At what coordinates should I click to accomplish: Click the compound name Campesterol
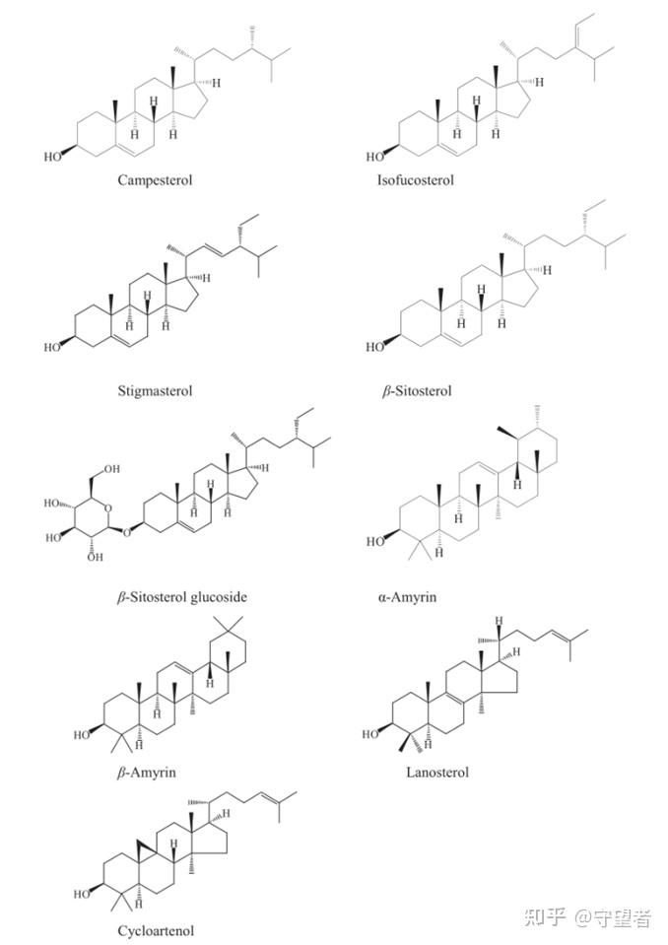tap(155, 180)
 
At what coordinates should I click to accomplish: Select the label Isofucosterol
tap(415, 180)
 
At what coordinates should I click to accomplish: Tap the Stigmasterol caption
tap(155, 390)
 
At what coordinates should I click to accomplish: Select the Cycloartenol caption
tap(156, 930)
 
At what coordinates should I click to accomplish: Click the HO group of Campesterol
tap(53, 156)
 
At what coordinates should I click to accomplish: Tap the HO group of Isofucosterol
tap(374, 156)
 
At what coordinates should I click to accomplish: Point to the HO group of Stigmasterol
tap(53, 347)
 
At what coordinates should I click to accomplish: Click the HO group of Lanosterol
tap(371, 734)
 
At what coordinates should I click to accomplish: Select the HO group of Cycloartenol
tap(83, 895)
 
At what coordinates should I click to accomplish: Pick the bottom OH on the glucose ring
tap(95, 558)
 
